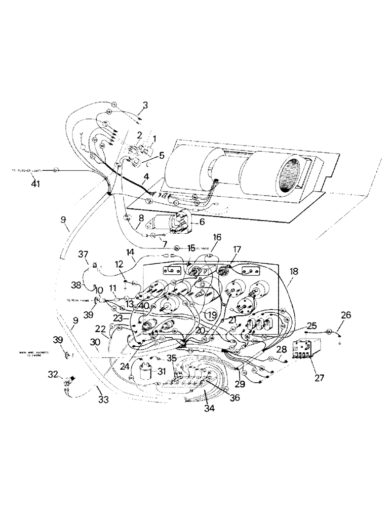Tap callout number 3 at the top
click(x=145, y=105)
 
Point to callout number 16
click(x=217, y=237)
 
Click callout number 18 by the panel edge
click(x=294, y=272)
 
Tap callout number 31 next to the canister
click(x=162, y=371)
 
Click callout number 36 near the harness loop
click(x=234, y=397)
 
